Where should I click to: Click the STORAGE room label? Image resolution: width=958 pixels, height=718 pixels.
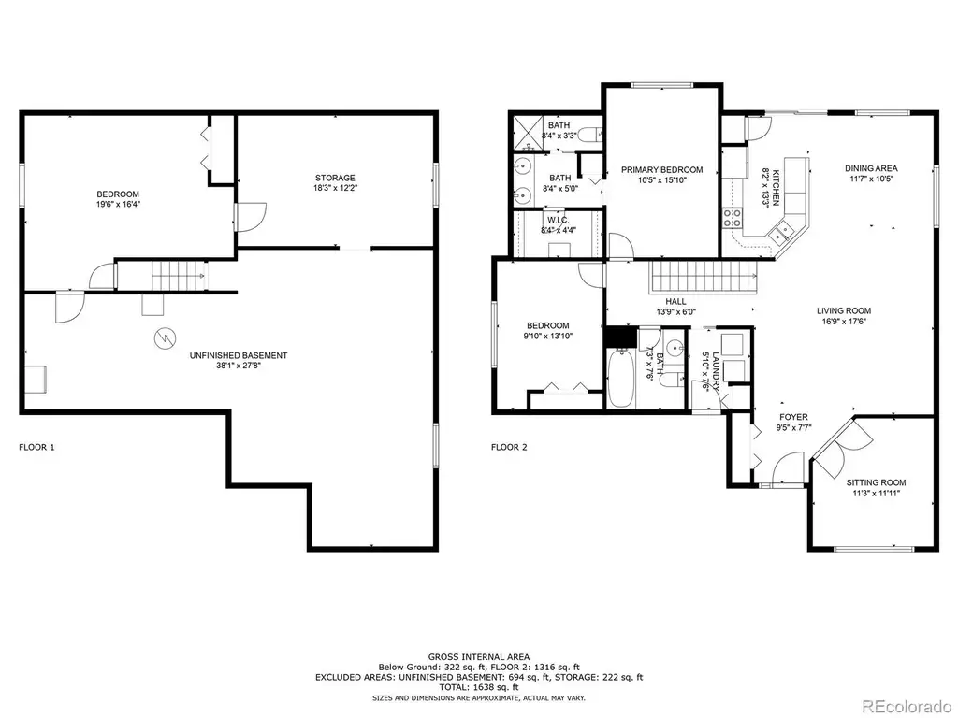(335, 179)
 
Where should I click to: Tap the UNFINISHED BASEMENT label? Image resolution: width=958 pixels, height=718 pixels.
(239, 355)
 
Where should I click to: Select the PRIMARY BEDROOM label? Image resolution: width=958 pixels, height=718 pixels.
(661, 170)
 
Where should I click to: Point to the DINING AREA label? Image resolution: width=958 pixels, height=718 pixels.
(871, 168)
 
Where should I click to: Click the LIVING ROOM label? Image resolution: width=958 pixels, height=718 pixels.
(844, 310)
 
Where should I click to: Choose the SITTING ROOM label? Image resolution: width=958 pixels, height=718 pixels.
(876, 482)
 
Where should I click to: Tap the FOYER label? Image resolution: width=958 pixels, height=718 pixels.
(793, 417)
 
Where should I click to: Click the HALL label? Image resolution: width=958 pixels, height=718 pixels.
(675, 301)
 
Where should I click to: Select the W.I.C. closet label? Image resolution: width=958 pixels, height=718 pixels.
(559, 220)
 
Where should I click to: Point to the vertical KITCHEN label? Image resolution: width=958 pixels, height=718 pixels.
(776, 187)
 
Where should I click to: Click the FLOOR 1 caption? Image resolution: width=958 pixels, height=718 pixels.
(36, 447)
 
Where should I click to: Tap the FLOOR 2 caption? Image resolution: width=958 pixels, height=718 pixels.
(509, 447)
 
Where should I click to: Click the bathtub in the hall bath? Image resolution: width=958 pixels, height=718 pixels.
(621, 378)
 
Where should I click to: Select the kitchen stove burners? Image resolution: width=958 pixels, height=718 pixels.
(733, 218)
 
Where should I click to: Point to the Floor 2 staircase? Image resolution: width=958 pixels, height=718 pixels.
(704, 277)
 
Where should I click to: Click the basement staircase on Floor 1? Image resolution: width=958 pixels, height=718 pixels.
(178, 276)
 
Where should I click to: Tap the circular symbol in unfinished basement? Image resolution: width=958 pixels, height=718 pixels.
(165, 337)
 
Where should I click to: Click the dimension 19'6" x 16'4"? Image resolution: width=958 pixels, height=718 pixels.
(118, 205)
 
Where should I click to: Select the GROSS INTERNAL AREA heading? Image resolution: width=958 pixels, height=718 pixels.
(479, 657)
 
